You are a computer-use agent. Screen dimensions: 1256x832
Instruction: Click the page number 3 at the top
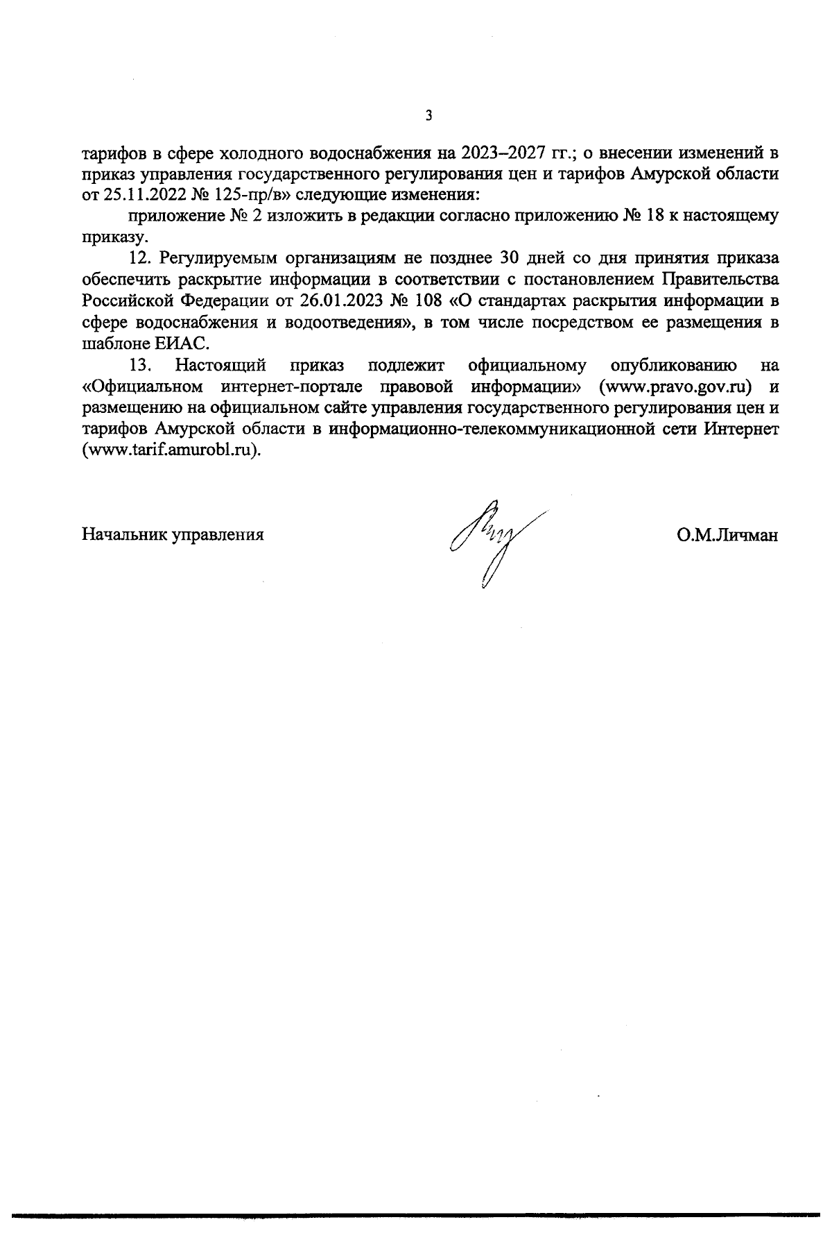pyautogui.click(x=428, y=116)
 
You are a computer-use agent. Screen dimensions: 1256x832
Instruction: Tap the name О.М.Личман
pyautogui.click(x=727, y=535)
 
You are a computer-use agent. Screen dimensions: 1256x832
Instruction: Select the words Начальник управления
pyautogui.click(x=173, y=535)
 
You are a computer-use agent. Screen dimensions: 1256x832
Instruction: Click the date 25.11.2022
pyautogui.click(x=139, y=194)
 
